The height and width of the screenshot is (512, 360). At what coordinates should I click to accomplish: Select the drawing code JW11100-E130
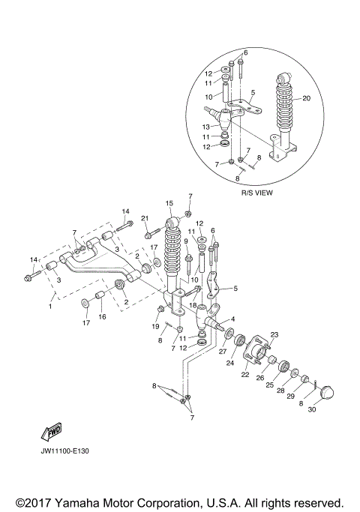click(x=65, y=452)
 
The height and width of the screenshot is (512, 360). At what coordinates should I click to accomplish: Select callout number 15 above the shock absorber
click(x=169, y=203)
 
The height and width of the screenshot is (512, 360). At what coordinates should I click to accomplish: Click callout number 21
click(x=145, y=218)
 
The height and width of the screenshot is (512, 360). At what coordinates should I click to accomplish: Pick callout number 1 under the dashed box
click(x=50, y=307)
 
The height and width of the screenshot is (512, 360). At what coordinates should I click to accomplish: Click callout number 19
click(x=156, y=327)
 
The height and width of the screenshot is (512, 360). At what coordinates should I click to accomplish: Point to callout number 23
click(x=274, y=334)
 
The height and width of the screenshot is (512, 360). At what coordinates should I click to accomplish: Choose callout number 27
click(x=223, y=350)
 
